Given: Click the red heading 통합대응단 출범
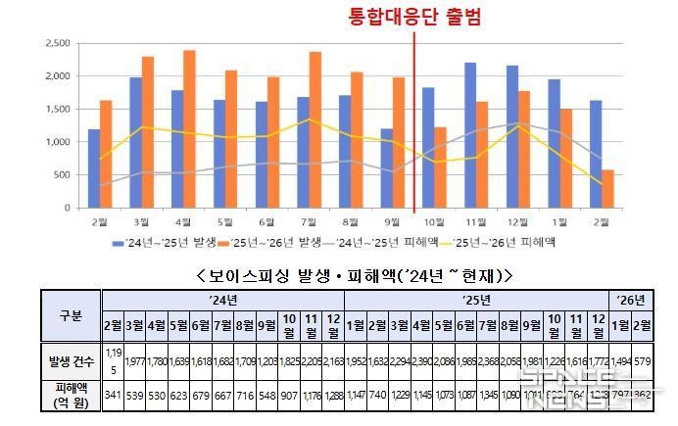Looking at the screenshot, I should click(x=414, y=17).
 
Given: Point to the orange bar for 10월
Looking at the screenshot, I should click(x=440, y=167).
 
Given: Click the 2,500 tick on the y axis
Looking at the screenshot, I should click(x=57, y=43).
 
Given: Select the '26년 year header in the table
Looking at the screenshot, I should click(x=631, y=299).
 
